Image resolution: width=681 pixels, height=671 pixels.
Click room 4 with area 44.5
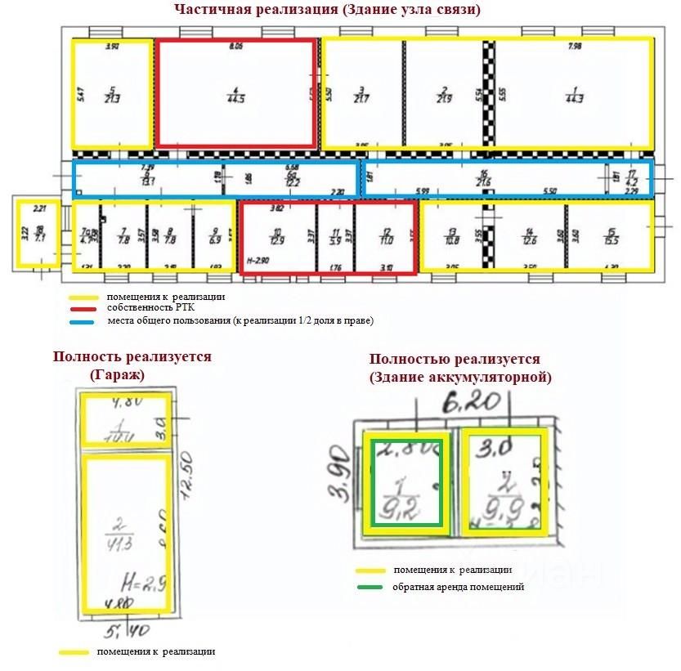click(x=235, y=94)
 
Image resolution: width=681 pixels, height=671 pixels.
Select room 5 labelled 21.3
click(x=113, y=94)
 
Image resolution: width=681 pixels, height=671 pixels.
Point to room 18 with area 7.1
click(x=38, y=233)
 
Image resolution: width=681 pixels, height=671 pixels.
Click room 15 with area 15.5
click(x=610, y=237)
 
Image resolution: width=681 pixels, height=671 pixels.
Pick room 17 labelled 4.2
click(x=631, y=178)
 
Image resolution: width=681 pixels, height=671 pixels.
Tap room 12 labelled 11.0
click(x=386, y=237)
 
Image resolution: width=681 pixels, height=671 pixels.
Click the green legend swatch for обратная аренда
click(x=372, y=587)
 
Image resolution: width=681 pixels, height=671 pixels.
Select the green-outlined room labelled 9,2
click(x=407, y=484)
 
